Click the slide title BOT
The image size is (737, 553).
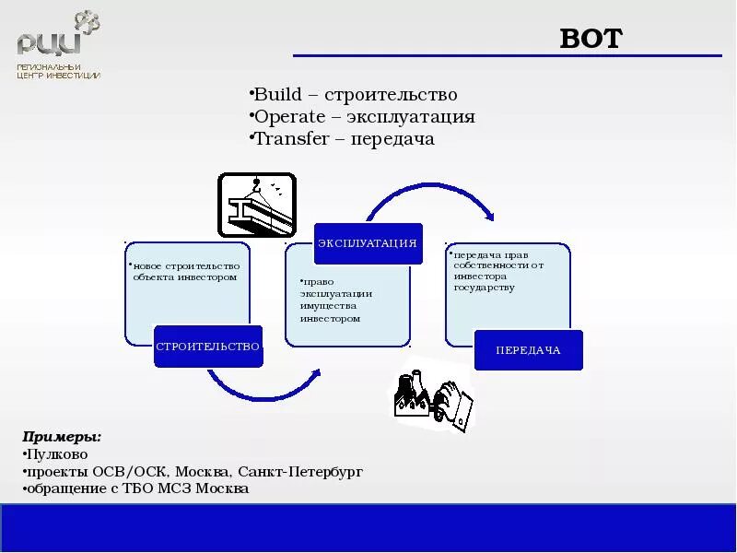(x=591, y=39)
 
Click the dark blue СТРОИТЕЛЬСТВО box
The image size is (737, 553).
(x=208, y=347)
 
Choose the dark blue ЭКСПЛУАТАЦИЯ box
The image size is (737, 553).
(x=368, y=243)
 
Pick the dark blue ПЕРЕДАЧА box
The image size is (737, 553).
(x=528, y=350)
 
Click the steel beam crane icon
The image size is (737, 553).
(x=256, y=205)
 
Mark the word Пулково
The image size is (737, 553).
(x=57, y=453)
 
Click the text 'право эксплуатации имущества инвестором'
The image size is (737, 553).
(x=330, y=300)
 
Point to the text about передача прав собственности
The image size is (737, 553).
(x=497, y=271)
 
